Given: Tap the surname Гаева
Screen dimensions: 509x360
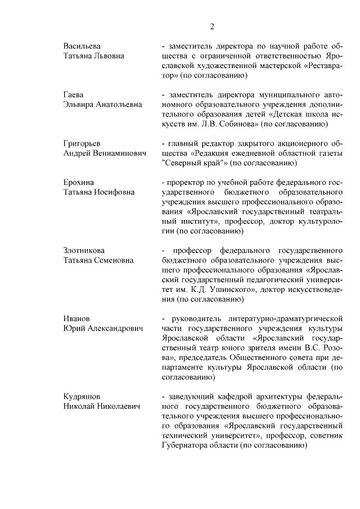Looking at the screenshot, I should [73, 94].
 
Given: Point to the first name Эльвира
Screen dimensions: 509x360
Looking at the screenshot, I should [79, 105].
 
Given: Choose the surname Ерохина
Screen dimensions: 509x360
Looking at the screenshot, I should [78, 183].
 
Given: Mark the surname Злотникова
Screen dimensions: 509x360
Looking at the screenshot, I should [84, 250].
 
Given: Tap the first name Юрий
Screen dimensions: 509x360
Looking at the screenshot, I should [74, 328].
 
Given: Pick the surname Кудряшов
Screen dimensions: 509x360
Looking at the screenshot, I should [81, 396].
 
